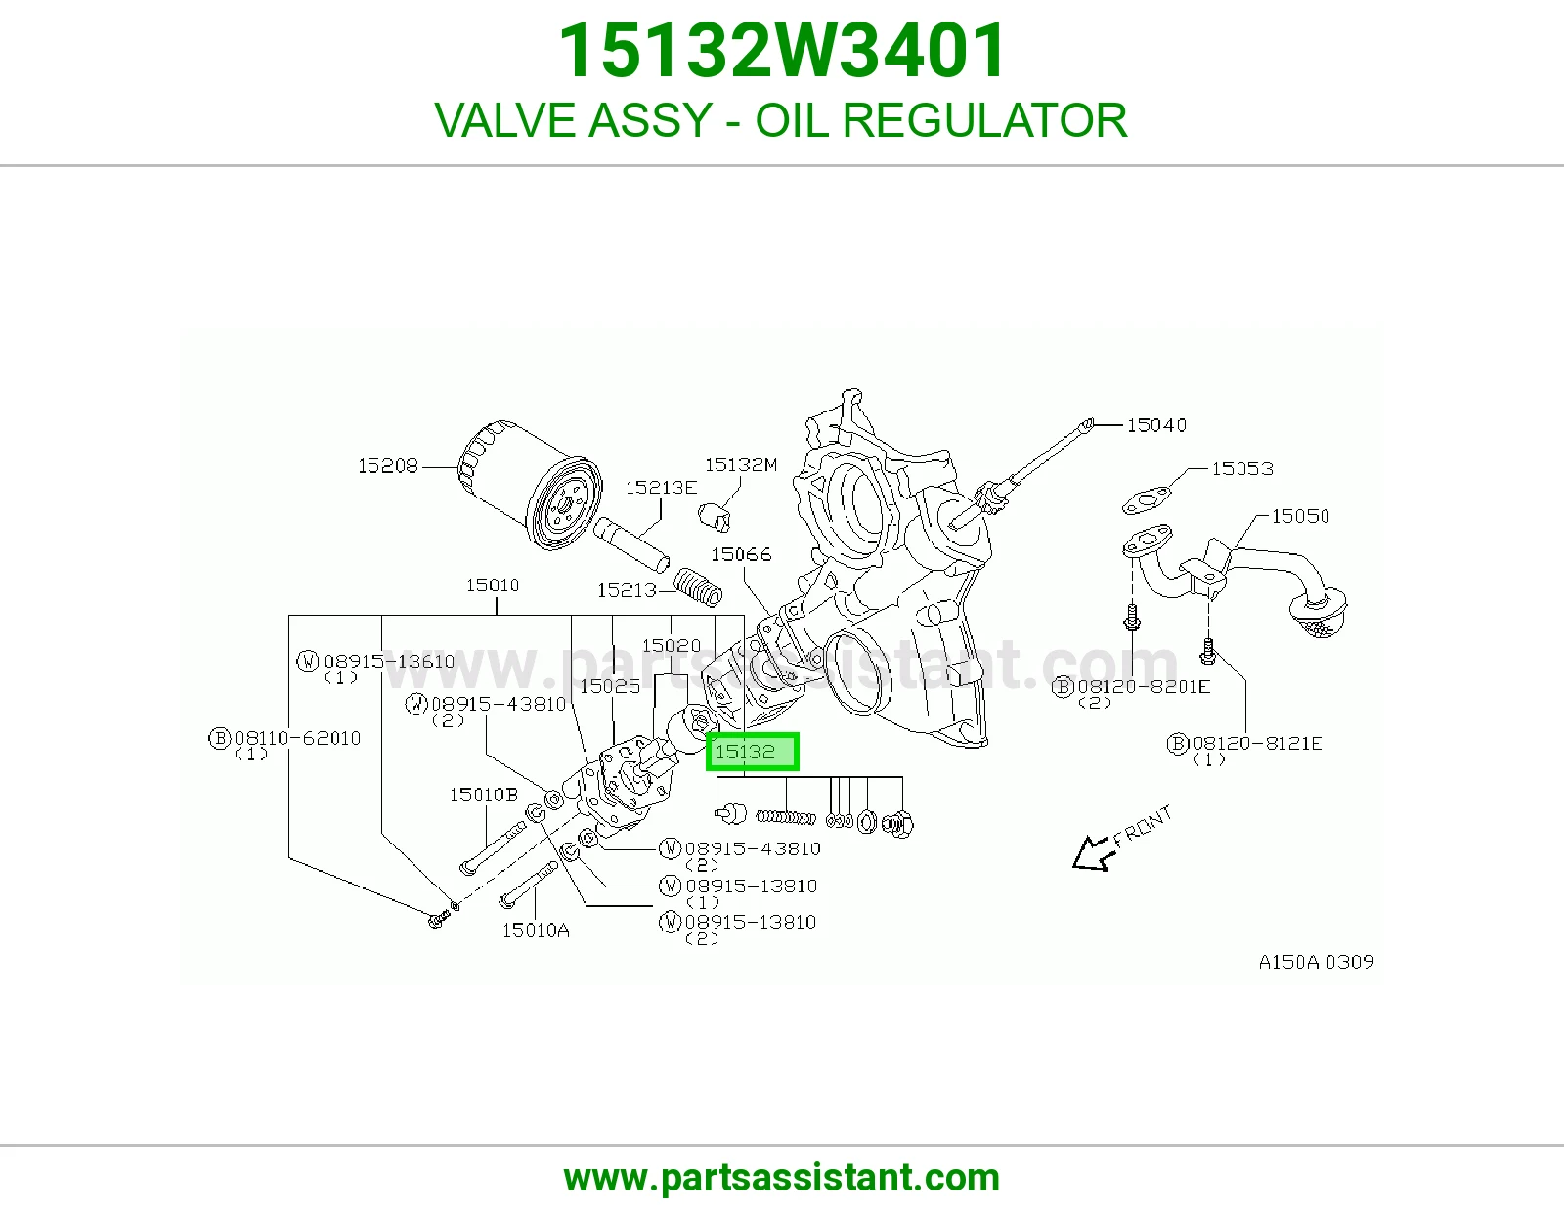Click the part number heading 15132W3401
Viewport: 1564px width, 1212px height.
click(782, 51)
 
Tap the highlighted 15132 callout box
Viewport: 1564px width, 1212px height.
click(752, 752)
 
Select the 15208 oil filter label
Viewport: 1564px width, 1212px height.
click(387, 466)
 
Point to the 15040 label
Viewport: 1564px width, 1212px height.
click(1156, 425)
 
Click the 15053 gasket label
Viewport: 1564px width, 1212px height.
click(1242, 469)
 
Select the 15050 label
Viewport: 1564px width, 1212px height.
click(1300, 516)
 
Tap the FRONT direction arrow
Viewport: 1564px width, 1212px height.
click(1093, 854)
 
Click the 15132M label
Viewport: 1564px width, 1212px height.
click(741, 465)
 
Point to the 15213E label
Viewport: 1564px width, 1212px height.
click(661, 488)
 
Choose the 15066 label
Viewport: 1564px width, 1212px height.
click(741, 554)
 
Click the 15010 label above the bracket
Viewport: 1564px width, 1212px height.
click(493, 585)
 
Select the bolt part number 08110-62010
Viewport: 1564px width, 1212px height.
click(297, 738)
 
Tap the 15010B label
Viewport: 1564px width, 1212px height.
click(484, 795)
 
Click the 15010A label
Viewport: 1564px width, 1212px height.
click(536, 931)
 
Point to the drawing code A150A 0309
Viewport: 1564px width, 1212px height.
click(1317, 962)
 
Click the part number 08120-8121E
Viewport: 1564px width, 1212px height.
click(1257, 744)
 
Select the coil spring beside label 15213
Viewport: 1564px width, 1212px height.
click(698, 586)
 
